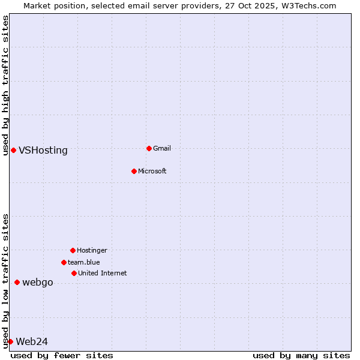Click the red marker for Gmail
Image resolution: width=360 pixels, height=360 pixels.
[x=149, y=148]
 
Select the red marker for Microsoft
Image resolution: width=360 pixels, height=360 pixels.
[x=134, y=171]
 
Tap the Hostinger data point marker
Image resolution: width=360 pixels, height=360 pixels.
[x=73, y=250]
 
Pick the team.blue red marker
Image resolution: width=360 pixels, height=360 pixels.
[x=64, y=262]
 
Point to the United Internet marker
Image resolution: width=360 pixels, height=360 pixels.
[x=74, y=273]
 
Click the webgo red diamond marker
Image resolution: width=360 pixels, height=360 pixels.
[x=17, y=282]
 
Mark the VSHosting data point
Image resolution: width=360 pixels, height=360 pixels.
[x=13, y=150]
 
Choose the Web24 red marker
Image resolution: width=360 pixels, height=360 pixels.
[x=10, y=341]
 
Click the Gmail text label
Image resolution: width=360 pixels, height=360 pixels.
[x=162, y=148]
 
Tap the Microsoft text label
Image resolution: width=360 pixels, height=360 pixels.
[x=152, y=171]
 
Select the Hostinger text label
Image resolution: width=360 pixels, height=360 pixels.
[x=92, y=250]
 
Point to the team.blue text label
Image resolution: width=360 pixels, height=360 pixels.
[x=84, y=262]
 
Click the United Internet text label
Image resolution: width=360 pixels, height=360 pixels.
[x=102, y=273]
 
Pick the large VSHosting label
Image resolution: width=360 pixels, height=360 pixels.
[x=43, y=151]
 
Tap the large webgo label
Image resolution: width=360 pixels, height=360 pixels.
[x=38, y=283]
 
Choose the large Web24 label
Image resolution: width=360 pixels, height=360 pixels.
[x=32, y=342]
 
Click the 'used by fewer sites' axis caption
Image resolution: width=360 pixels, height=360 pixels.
[x=62, y=355]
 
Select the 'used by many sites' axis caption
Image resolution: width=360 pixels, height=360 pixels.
[x=301, y=355]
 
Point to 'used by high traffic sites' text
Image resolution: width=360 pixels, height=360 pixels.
[x=5, y=85]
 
